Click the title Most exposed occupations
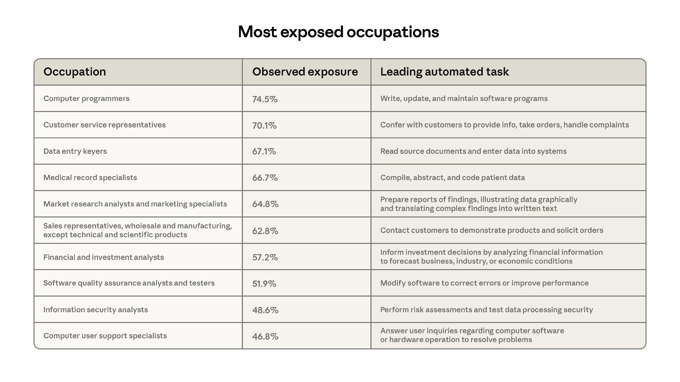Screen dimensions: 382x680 [338, 32]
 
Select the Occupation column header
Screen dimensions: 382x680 [75, 72]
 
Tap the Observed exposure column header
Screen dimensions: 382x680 [305, 72]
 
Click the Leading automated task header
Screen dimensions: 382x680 [444, 72]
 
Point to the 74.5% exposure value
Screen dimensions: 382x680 [265, 99]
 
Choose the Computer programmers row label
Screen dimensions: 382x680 [86, 99]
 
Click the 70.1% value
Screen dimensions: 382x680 [264, 125]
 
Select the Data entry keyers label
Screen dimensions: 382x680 [75, 151]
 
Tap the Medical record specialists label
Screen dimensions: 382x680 [90, 177]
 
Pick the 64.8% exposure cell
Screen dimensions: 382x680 [265, 204]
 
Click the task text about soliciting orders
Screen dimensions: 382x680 [491, 230]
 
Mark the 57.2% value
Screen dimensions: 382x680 [265, 257]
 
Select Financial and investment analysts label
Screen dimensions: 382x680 [104, 257]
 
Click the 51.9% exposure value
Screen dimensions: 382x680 [264, 284]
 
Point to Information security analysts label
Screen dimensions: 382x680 [95, 310]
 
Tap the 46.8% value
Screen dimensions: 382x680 [265, 336]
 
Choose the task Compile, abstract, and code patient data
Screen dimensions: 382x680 [452, 177]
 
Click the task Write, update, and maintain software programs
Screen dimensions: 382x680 [464, 99]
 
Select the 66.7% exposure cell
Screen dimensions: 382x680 [265, 178]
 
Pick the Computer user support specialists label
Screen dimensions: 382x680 [105, 336]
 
